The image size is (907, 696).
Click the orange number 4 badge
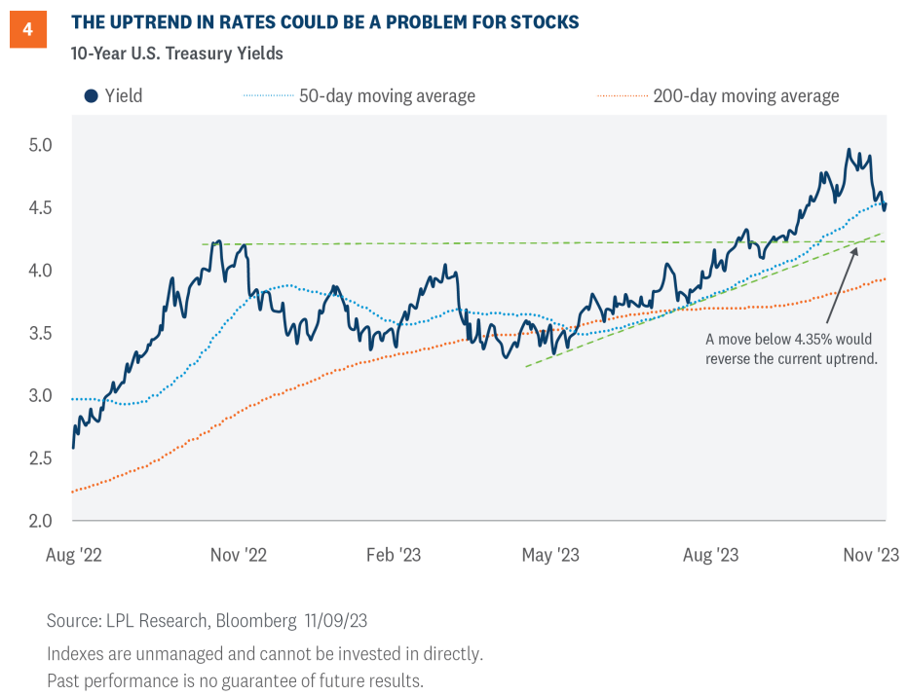pos(27,29)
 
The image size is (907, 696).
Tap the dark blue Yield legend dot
pos(91,95)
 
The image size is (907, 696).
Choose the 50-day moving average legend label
pos(386,95)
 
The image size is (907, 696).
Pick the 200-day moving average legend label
pos(745,95)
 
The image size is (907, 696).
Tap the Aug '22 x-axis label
pos(74,555)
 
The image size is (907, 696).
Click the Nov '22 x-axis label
pos(239,555)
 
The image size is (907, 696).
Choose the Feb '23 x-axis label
pos(394,555)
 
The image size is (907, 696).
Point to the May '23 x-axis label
pos(551,555)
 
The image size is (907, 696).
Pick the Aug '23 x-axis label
pos(710,555)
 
